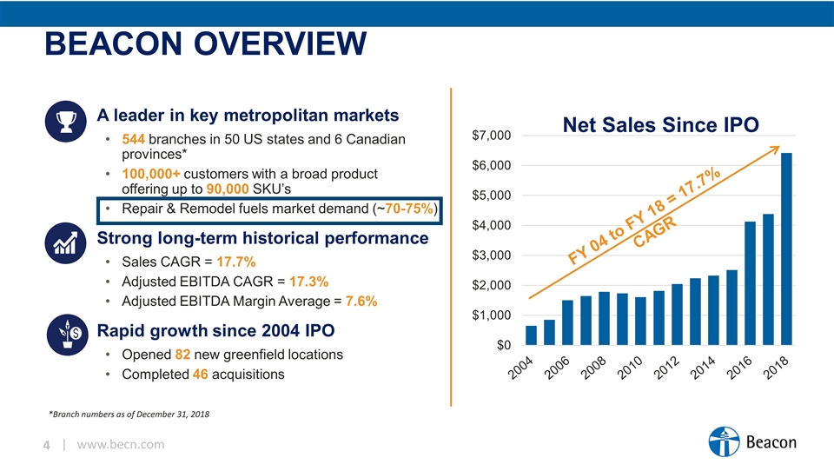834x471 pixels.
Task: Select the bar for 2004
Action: point(531,335)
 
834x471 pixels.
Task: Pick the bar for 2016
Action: point(750,283)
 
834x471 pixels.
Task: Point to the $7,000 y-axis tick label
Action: point(491,136)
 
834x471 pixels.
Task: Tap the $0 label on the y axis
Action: point(502,345)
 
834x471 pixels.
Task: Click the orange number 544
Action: point(133,139)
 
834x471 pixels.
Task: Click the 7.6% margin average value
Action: point(361,301)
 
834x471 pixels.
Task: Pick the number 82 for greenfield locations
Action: point(184,355)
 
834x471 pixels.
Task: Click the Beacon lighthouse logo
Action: point(722,443)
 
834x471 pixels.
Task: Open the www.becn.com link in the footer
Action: point(121,445)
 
